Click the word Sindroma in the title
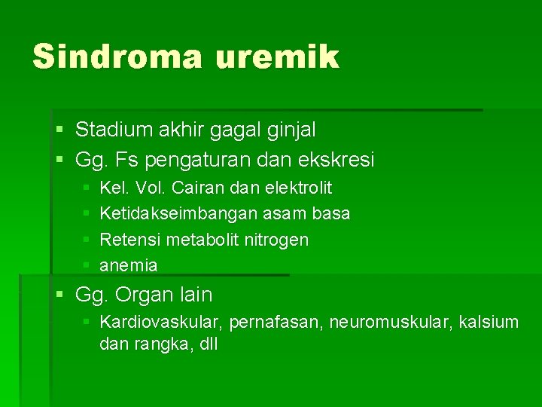point(117,57)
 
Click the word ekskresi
point(337,160)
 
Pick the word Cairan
point(197,188)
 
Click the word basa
point(331,214)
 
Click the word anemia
point(129,265)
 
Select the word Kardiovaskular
point(161,323)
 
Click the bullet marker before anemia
point(87,265)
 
